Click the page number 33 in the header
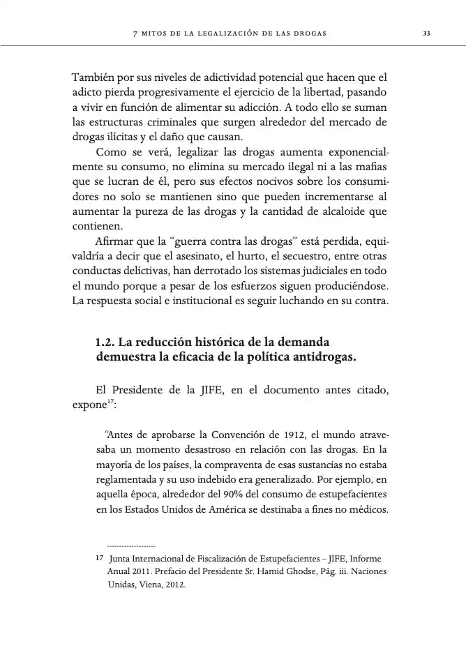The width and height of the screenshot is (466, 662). tap(426, 33)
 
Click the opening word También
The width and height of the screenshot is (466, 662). tap(94, 79)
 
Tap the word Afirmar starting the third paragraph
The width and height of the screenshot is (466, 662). tap(115, 241)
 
